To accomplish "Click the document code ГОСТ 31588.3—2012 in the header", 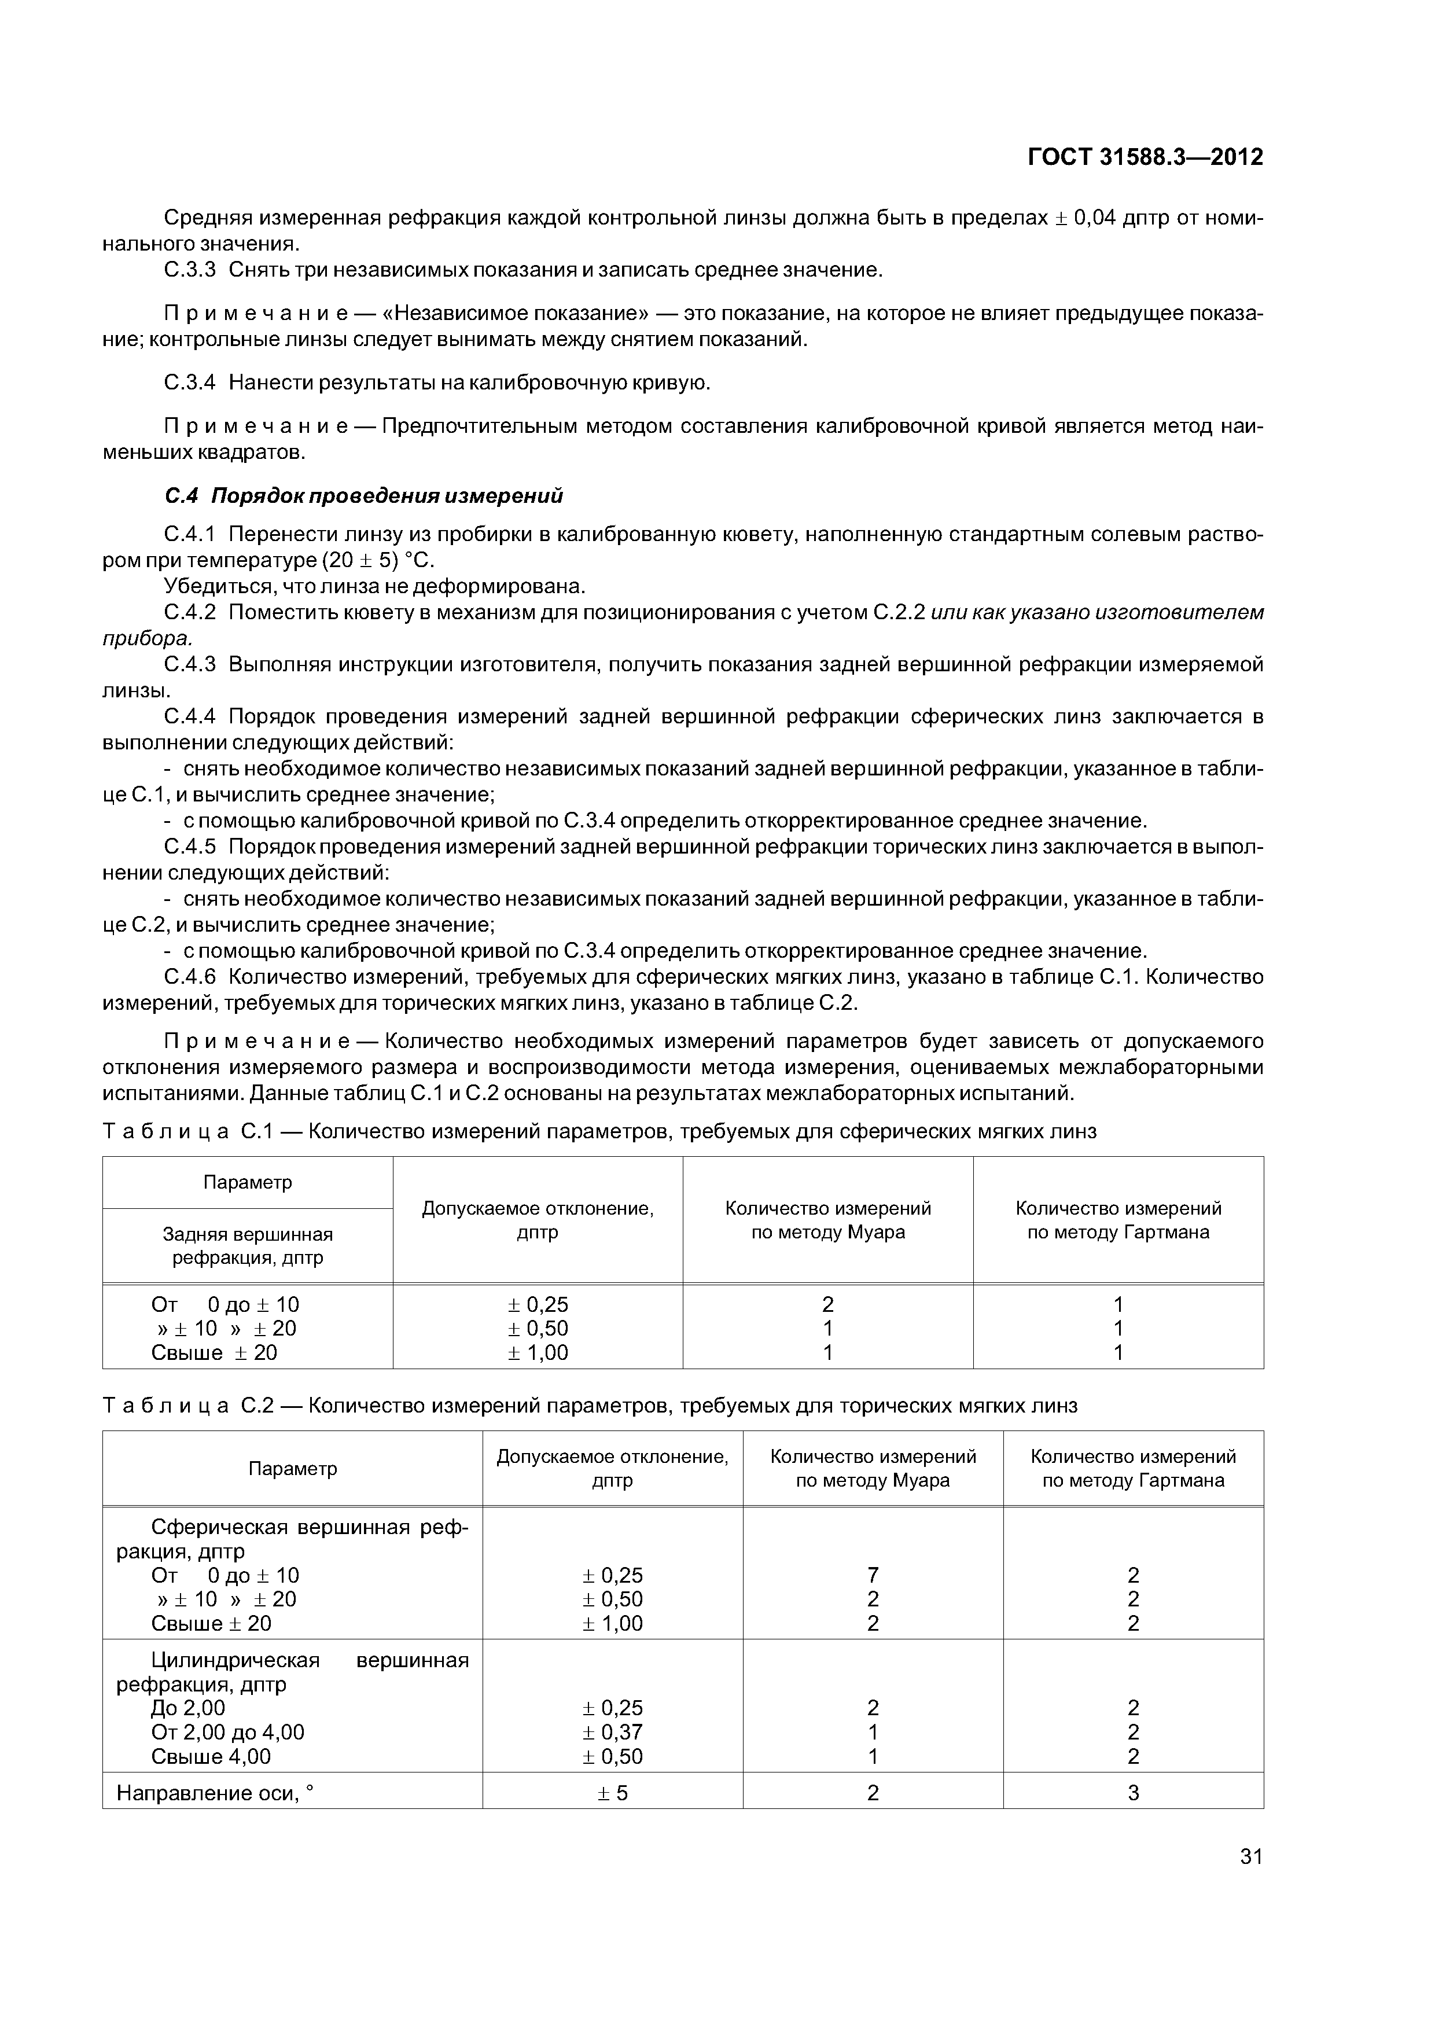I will pos(1145,157).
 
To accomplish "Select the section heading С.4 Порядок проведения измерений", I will pos(363,496).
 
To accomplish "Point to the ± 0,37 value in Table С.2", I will pos(612,1732).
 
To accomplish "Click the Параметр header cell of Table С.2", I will pos(293,1469).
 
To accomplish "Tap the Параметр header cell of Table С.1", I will pos(248,1182).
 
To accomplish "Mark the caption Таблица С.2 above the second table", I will pos(193,1406).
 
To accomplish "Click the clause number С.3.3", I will pos(190,270).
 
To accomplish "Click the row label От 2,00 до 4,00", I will pos(227,1732).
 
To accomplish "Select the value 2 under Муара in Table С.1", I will pos(827,1304).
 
